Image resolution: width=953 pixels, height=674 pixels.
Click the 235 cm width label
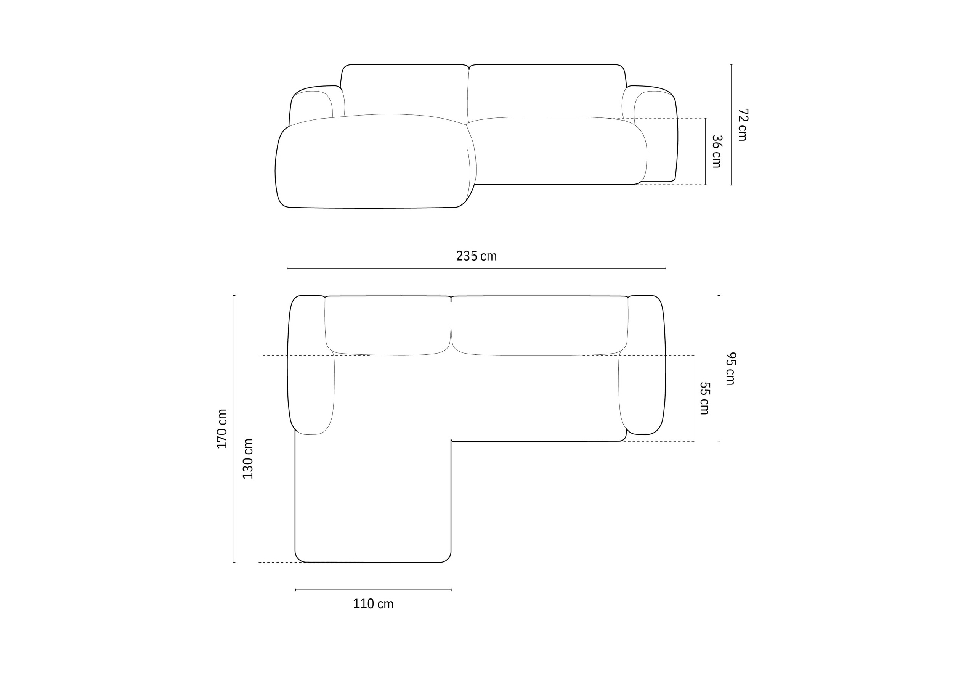pos(476,256)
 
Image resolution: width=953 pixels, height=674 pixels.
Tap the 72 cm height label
pos(743,125)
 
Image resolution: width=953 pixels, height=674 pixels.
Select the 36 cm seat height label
pos(717,151)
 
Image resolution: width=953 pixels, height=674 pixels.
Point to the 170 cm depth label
pos(222,429)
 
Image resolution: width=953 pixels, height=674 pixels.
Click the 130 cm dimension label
pos(248,459)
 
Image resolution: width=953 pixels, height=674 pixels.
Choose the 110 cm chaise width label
pos(373,604)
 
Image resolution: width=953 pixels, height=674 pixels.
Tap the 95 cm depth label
pos(730,369)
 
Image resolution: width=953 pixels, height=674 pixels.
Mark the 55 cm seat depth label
pos(705,398)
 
